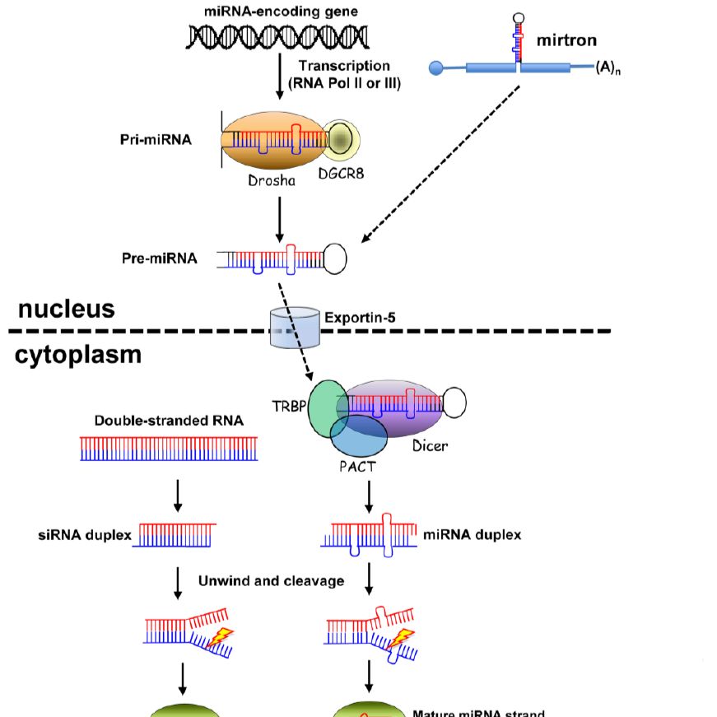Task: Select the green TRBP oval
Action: point(327,406)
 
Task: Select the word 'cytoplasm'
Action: point(79,356)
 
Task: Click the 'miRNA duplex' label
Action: point(472,535)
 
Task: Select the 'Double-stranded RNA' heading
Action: point(169,421)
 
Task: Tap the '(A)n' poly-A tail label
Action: point(608,70)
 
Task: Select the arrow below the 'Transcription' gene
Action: point(281,77)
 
